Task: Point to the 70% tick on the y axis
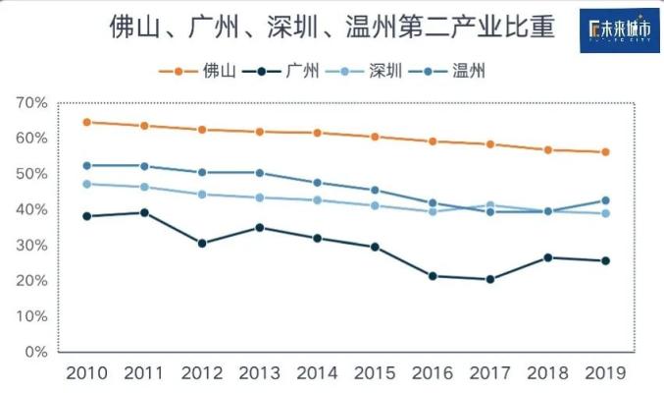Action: click(31, 102)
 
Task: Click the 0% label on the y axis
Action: click(36, 352)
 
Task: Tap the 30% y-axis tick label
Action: click(31, 245)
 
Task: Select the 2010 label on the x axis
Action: click(86, 373)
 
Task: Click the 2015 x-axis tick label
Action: click(373, 373)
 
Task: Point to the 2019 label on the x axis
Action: click(605, 373)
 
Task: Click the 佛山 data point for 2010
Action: click(86, 122)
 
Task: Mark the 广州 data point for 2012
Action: click(202, 243)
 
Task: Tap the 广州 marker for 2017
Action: click(489, 279)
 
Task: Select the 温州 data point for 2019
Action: click(605, 200)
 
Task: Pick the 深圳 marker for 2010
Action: click(86, 184)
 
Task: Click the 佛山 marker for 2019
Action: click(605, 152)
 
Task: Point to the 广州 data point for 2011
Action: click(144, 212)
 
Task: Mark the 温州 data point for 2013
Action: click(259, 173)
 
